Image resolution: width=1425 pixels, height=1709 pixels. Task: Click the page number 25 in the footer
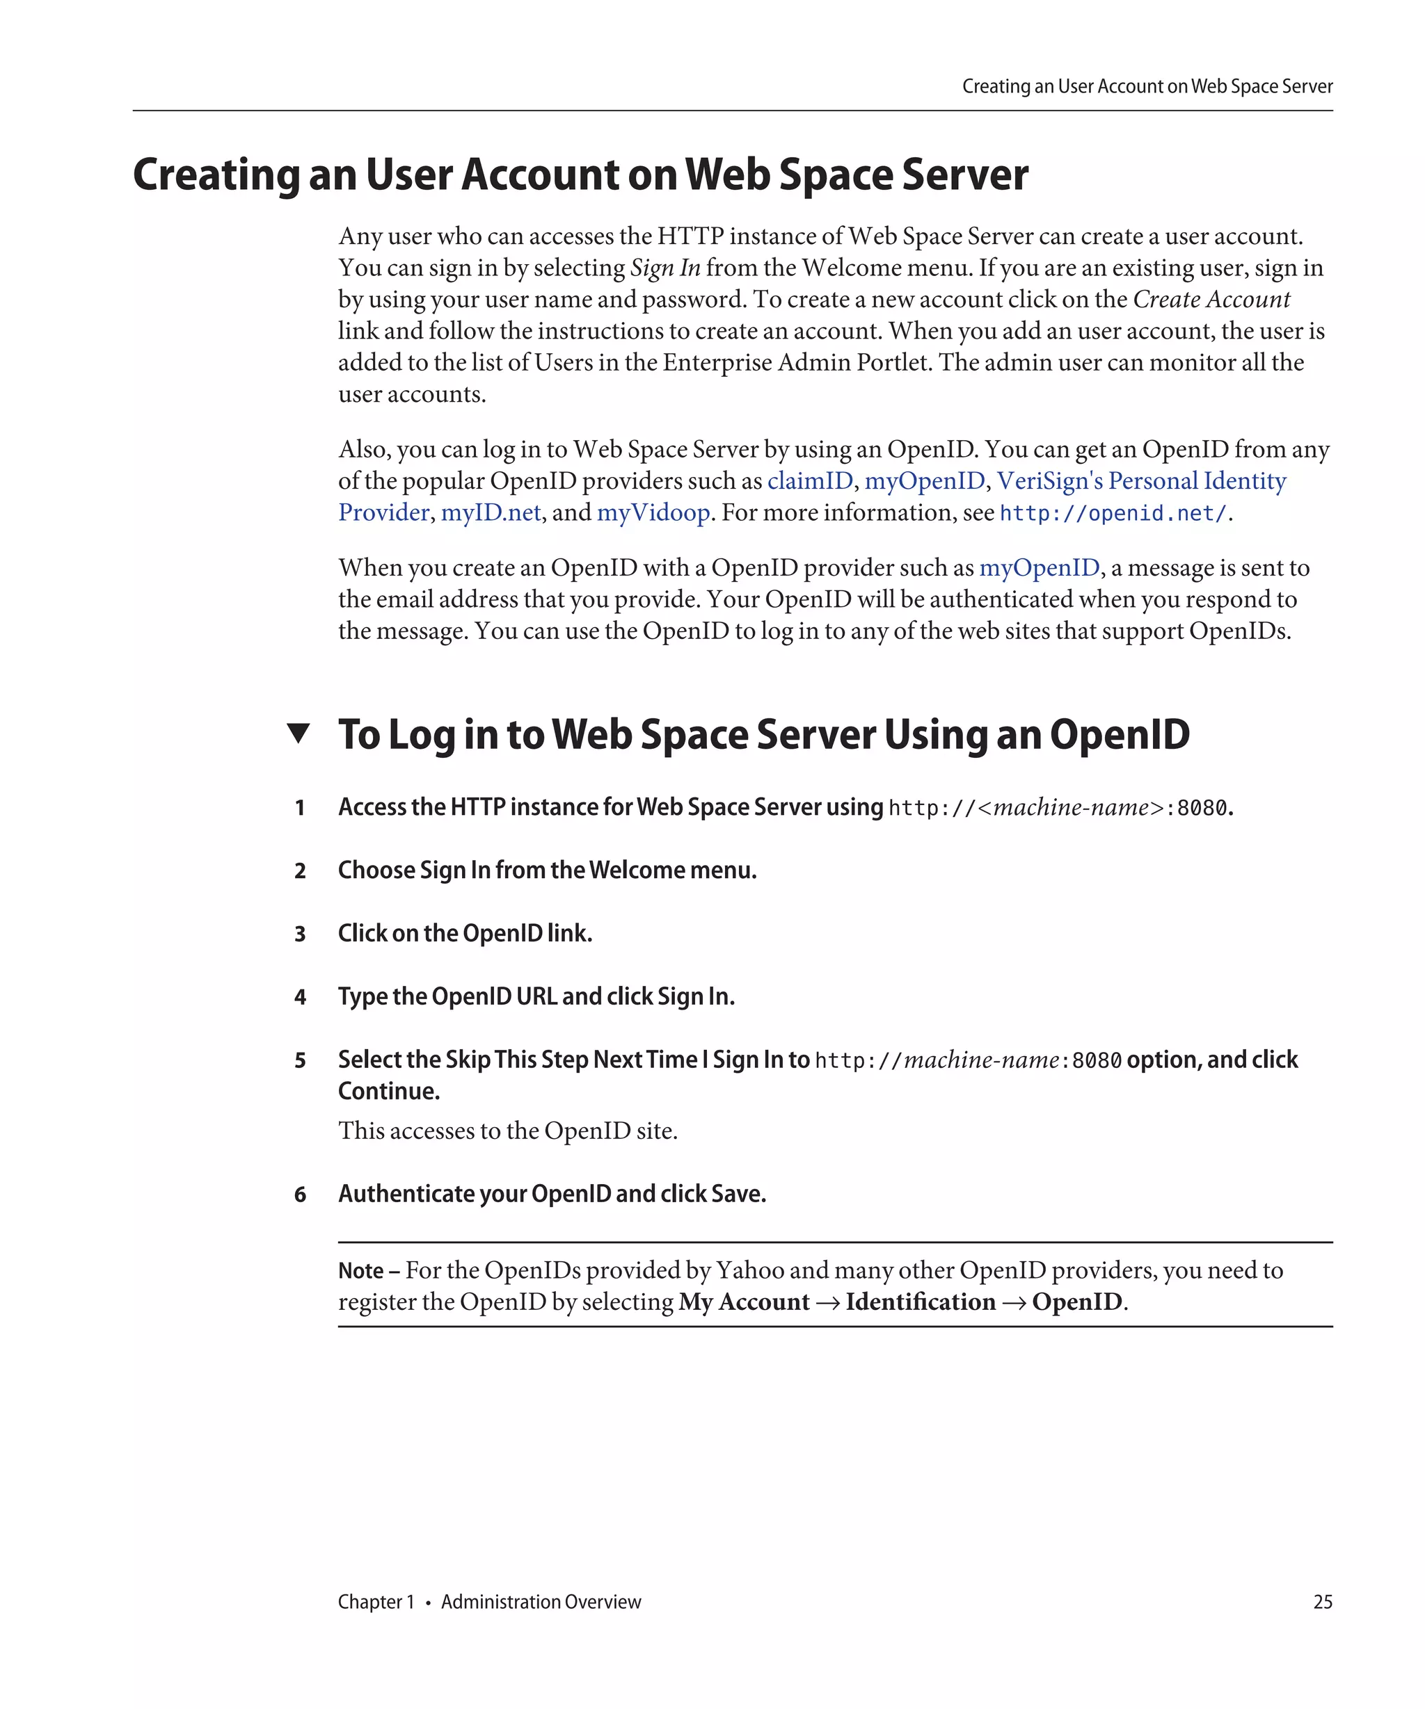1323,1601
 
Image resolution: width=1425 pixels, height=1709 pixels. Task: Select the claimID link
809,481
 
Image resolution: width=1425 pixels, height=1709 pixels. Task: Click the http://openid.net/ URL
1113,514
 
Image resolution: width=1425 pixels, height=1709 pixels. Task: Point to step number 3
300,934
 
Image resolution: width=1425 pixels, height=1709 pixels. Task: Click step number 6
300,1194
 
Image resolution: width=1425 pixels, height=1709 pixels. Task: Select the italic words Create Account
1211,300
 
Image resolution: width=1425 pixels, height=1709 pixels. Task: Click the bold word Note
360,1271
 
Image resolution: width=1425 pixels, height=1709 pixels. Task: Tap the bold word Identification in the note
920,1302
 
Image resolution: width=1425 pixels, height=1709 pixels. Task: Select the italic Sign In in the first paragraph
664,268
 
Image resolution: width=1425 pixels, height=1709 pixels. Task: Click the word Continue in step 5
388,1092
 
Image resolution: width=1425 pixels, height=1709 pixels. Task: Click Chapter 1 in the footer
376,1601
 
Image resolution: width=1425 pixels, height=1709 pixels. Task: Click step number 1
300,807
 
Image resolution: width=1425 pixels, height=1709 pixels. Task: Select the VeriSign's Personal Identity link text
1141,481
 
